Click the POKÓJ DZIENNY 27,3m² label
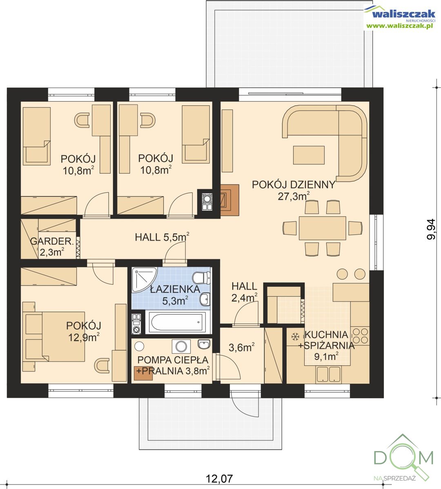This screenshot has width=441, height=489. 293,190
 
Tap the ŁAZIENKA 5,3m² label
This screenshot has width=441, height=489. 175,295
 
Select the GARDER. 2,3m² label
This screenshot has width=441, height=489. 52,246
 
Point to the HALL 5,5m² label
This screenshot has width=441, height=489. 162,237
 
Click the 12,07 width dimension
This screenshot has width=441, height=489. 219,478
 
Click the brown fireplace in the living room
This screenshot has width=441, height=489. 230,200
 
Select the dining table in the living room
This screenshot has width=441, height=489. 322,228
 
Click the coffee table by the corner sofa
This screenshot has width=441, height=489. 309,155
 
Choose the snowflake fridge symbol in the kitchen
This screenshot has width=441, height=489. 295,337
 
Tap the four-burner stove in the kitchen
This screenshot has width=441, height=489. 360,335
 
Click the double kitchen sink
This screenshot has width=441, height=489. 328,374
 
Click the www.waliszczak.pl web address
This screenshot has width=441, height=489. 400,26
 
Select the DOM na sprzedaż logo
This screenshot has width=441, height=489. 403,458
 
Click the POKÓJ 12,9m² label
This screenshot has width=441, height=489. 84,331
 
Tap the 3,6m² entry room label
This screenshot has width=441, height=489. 242,347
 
